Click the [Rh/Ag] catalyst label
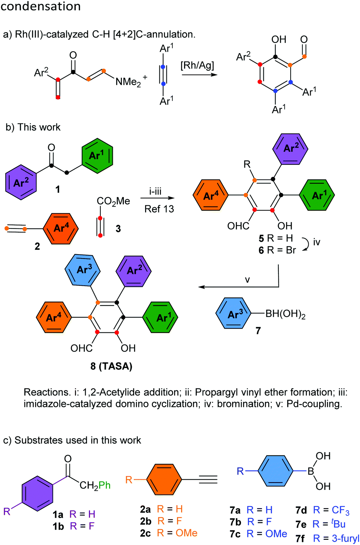point(197,65)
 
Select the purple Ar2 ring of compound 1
point(21,182)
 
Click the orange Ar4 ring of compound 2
point(61,228)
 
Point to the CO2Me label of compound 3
point(114,201)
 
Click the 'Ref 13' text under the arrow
point(159,209)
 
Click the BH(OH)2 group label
point(286,314)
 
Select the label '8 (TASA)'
point(111,366)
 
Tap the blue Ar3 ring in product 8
point(83,270)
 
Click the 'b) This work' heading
point(33,127)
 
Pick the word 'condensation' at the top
point(40,6)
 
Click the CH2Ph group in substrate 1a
point(95,485)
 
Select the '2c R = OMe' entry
point(169,533)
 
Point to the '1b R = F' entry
point(73,526)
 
